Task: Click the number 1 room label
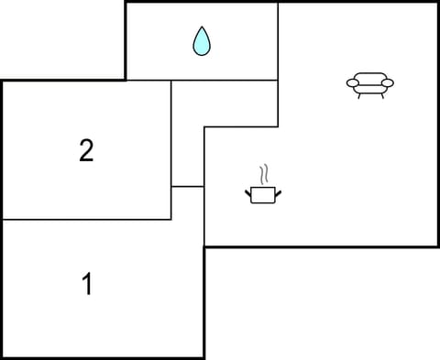[x=88, y=285]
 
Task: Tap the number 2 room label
[x=86, y=150]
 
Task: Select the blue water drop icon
[x=202, y=41]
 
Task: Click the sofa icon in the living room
[x=369, y=84]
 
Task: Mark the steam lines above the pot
[x=264, y=173]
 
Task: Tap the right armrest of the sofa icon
[x=389, y=83]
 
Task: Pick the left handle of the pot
[x=248, y=191]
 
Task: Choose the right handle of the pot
[x=278, y=191]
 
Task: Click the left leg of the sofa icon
[x=358, y=94]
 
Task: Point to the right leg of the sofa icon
[x=381, y=94]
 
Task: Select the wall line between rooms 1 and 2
[x=86, y=220]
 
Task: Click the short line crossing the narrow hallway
[x=187, y=187]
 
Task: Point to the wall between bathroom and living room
[x=278, y=41]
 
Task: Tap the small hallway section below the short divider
[x=187, y=215]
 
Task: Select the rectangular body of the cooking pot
[x=263, y=194]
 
